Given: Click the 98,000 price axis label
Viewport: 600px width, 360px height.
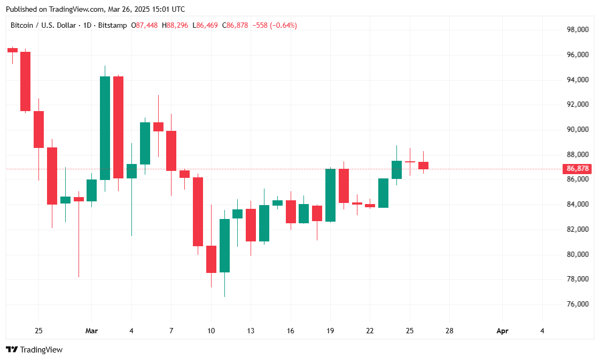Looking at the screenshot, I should pyautogui.click(x=578, y=30).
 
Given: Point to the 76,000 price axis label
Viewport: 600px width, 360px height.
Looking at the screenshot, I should pyautogui.click(x=578, y=304).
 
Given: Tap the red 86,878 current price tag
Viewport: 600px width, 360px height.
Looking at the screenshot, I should pyautogui.click(x=578, y=169).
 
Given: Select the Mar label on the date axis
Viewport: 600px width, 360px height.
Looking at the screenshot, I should pyautogui.click(x=91, y=331).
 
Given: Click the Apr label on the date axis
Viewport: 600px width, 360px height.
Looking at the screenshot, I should pyautogui.click(x=502, y=331).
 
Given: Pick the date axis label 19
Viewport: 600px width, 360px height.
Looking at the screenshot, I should pyautogui.click(x=330, y=331).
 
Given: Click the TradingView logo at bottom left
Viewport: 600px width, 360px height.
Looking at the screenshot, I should pyautogui.click(x=34, y=350).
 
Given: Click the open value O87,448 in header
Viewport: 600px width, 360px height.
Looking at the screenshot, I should pyautogui.click(x=145, y=25).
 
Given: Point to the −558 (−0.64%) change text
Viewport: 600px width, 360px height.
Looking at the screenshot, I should pyautogui.click(x=274, y=25).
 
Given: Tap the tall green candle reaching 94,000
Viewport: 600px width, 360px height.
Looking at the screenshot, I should pyautogui.click(x=105, y=128).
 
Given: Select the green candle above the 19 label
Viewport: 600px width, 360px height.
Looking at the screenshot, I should pyautogui.click(x=330, y=195).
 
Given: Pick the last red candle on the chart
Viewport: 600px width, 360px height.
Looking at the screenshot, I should pyautogui.click(x=423, y=166).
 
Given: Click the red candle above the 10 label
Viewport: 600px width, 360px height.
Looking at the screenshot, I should pyautogui.click(x=211, y=259).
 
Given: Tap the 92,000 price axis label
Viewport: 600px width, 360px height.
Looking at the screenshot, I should pyautogui.click(x=578, y=105).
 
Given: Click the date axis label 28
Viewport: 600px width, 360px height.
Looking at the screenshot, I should pyautogui.click(x=449, y=331).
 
